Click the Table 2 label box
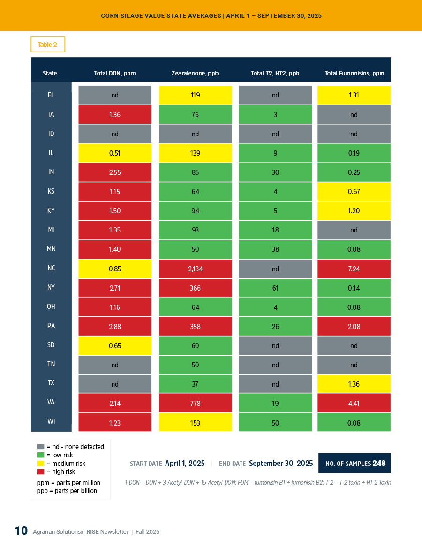(x=47, y=45)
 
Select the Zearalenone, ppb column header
(x=195, y=73)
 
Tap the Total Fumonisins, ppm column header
(x=354, y=73)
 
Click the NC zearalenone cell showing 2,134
(x=195, y=269)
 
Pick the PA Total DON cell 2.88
(x=115, y=326)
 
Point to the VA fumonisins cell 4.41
(x=354, y=403)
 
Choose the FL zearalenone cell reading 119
(x=195, y=95)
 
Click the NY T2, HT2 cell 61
(x=275, y=288)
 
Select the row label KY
(x=51, y=210)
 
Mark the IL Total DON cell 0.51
(x=115, y=153)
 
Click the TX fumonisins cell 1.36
(x=354, y=384)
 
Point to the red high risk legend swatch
(x=40, y=472)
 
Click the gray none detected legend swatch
(x=40, y=447)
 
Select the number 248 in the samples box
(x=379, y=463)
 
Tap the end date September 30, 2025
(x=281, y=463)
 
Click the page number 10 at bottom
(x=21, y=531)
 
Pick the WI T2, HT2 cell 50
(x=275, y=423)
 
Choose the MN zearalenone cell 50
(x=195, y=249)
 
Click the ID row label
(x=51, y=134)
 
